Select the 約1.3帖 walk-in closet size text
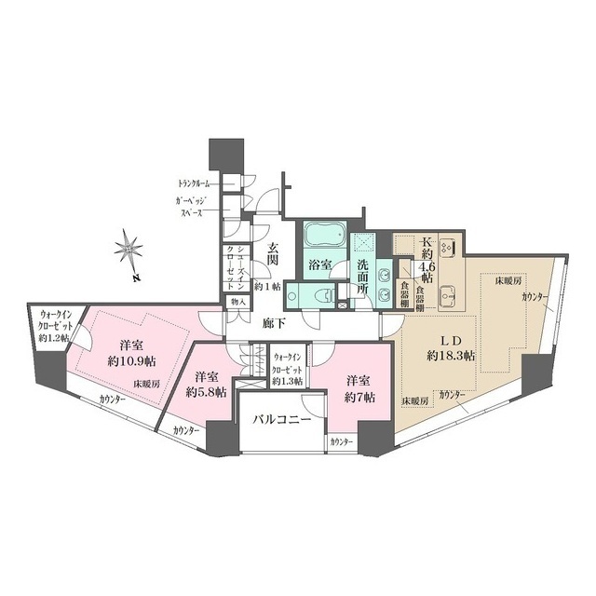[289, 380]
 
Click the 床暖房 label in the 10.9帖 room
[145, 383]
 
